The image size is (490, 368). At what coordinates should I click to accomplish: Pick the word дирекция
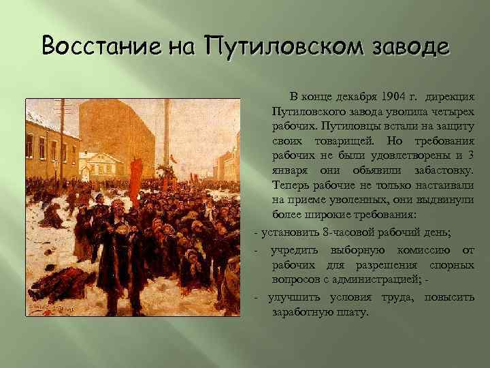click(449, 97)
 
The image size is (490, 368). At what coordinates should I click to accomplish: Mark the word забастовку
click(439, 170)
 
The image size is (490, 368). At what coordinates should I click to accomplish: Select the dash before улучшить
click(255, 298)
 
